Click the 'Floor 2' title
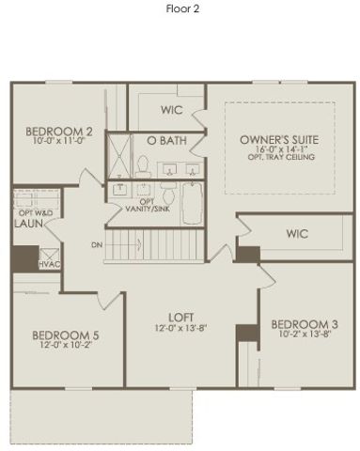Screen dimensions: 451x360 tap(180, 8)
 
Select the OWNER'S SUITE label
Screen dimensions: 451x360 tap(279, 140)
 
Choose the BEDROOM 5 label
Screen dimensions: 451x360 tap(66, 335)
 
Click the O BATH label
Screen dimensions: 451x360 tap(158, 140)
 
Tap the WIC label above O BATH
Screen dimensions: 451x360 tap(172, 109)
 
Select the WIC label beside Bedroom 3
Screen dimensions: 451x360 tap(297, 234)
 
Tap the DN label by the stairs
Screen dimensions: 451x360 tap(97, 246)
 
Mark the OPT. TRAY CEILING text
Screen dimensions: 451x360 tap(279, 157)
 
